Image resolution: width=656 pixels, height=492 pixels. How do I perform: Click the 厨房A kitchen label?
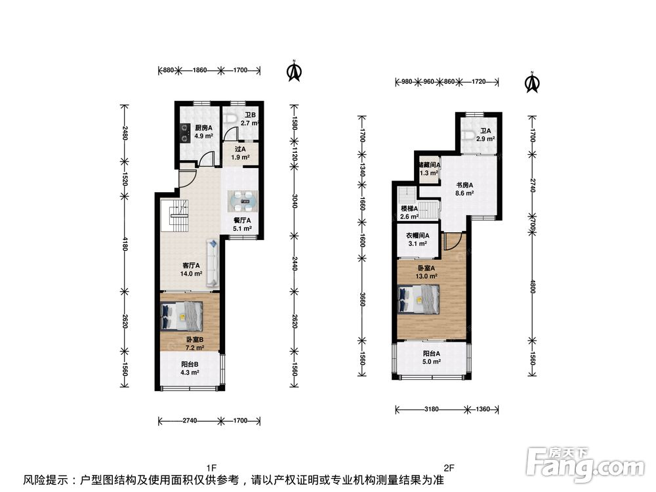(x=204, y=132)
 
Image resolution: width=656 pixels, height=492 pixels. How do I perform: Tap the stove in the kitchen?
(x=185, y=131)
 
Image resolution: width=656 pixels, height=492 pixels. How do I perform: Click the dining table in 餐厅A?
(x=243, y=201)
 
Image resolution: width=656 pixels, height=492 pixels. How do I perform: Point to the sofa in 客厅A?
(x=213, y=263)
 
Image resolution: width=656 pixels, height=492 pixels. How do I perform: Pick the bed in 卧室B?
(x=182, y=316)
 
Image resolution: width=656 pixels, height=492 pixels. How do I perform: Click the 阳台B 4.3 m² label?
(x=190, y=368)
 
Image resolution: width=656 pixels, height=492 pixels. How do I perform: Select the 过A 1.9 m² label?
(x=241, y=153)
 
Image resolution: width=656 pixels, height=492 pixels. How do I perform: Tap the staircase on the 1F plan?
(x=175, y=215)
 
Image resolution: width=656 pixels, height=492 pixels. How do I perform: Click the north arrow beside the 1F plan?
(x=295, y=70)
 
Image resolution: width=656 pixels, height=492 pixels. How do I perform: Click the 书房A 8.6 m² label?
(x=464, y=189)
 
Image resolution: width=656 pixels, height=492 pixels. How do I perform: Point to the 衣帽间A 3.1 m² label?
(x=417, y=239)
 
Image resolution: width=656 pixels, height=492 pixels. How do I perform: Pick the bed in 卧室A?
(x=419, y=298)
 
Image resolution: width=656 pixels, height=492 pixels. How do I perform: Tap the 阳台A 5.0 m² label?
(x=432, y=358)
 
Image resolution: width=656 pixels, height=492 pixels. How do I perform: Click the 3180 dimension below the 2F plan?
(x=432, y=409)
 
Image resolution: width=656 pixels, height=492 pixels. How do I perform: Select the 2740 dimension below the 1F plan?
(x=190, y=420)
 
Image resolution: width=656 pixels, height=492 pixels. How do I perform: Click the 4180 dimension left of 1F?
(x=124, y=243)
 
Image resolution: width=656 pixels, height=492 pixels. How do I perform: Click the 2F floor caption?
(x=449, y=468)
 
